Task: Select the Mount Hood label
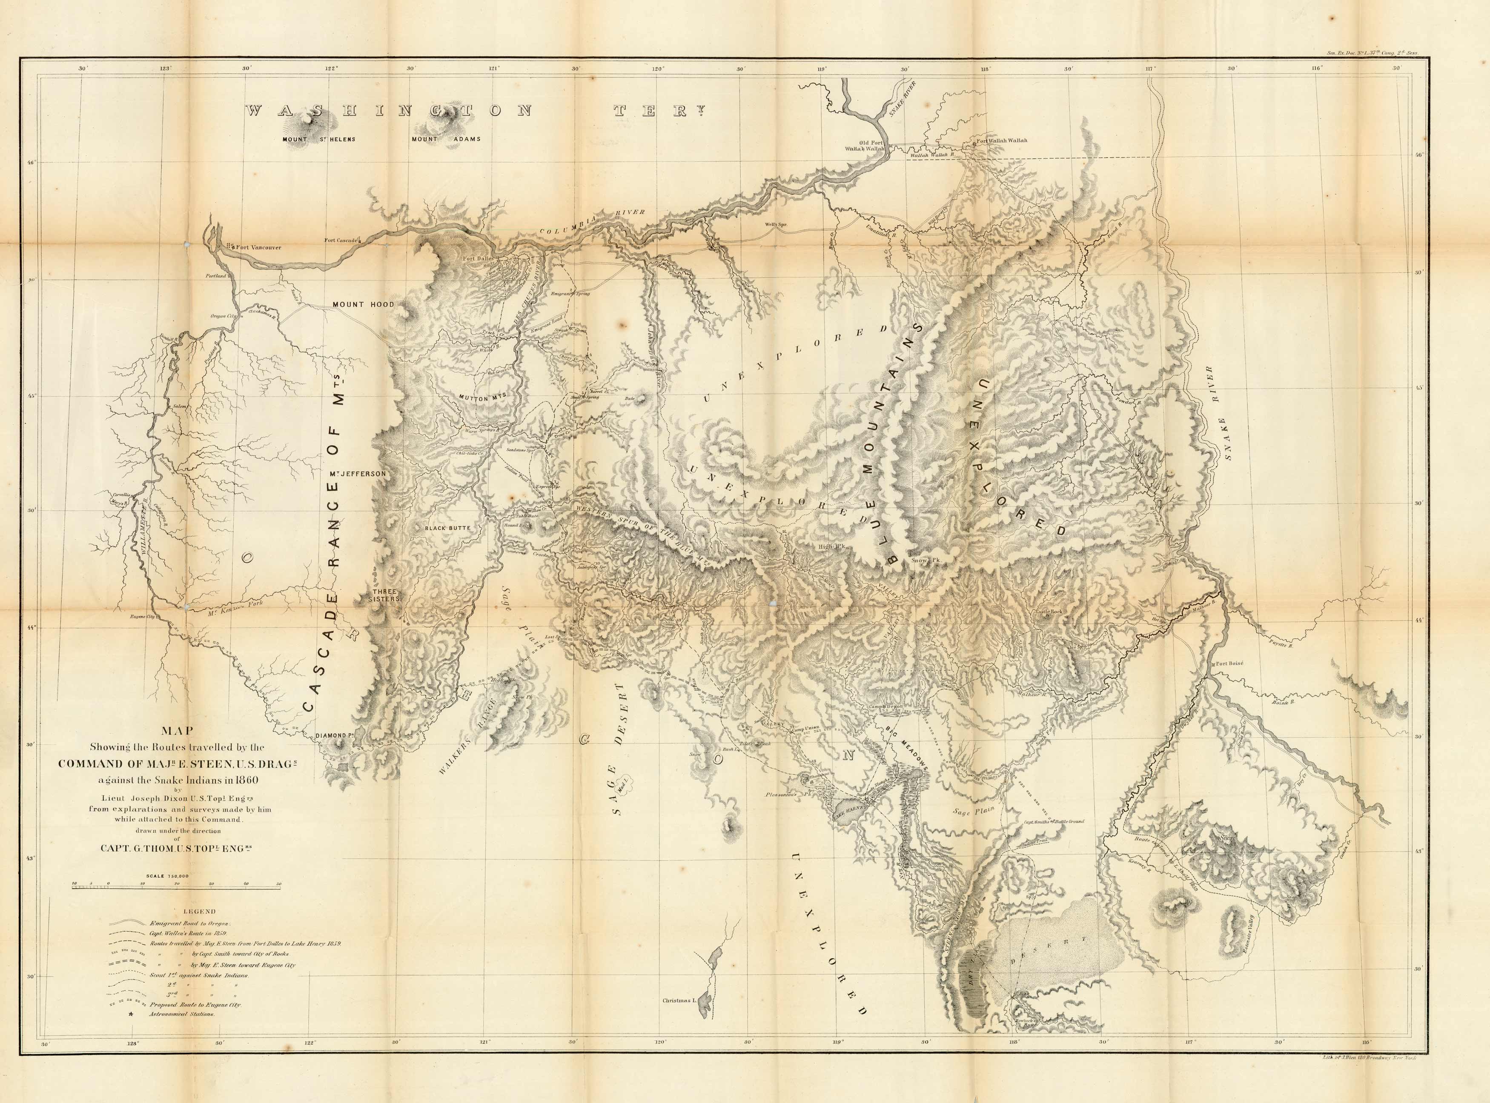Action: point(363,304)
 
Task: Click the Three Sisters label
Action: point(386,595)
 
